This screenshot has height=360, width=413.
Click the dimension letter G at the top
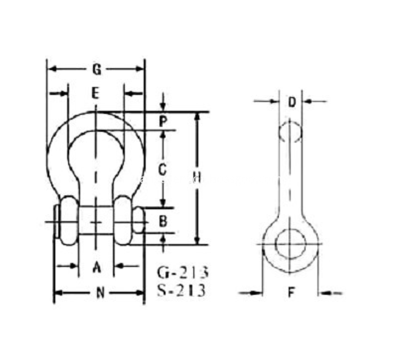coord(97,70)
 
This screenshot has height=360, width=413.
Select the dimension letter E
coord(95,93)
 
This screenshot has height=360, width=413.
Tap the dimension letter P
coord(164,121)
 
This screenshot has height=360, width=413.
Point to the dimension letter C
coord(162,169)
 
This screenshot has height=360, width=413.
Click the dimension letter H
coord(198,177)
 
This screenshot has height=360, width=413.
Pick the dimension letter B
coord(164,221)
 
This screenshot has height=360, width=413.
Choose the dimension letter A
coord(97,267)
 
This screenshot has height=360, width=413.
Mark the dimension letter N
coord(100,293)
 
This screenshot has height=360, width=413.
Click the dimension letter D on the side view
coord(292,102)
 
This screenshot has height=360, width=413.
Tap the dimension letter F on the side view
coord(291,292)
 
